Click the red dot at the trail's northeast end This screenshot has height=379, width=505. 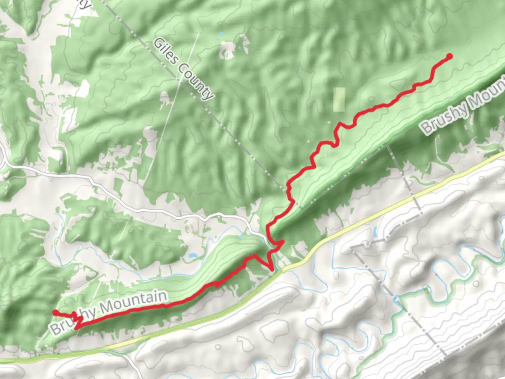[x=449, y=56]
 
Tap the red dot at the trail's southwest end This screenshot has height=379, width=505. [x=55, y=312]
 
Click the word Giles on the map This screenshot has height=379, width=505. [x=166, y=52]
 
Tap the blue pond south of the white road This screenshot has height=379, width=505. [x=192, y=256]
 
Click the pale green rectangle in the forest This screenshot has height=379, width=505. [x=339, y=99]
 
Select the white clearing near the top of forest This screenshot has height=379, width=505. [x=227, y=49]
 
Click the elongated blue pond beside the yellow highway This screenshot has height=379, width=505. [x=375, y=232]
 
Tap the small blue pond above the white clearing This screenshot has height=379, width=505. [x=221, y=34]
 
